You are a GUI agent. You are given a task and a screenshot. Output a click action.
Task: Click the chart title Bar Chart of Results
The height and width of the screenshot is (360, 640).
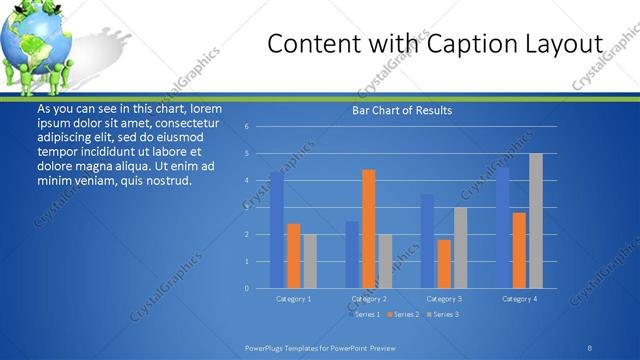tap(402, 110)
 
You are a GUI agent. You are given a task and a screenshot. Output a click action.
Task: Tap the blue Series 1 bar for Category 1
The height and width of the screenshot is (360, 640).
tap(277, 230)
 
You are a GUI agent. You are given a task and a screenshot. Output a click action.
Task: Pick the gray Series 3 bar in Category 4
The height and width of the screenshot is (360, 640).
tap(536, 221)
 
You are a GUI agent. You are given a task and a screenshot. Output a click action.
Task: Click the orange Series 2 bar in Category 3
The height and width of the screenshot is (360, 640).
tap(444, 264)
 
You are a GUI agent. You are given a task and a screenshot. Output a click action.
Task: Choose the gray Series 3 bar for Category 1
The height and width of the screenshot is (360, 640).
tap(310, 261)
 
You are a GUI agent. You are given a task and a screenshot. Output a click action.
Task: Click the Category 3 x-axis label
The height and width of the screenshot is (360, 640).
tap(444, 299)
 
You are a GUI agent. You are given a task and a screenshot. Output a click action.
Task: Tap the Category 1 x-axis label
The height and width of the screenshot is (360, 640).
tap(294, 299)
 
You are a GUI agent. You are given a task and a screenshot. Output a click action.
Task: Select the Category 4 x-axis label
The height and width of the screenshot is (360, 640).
tap(519, 299)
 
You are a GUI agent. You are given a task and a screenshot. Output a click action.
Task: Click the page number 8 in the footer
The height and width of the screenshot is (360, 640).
tap(590, 348)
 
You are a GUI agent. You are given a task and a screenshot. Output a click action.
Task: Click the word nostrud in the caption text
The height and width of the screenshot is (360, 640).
tap(164, 181)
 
